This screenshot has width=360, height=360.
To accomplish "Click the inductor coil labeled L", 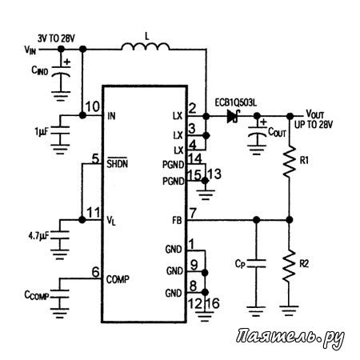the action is click(146, 46).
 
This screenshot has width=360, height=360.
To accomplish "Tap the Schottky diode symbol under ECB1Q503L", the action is click(233, 116).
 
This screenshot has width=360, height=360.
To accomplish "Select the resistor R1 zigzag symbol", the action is click(290, 162).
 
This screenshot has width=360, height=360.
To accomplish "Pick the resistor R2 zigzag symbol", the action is click(290, 266).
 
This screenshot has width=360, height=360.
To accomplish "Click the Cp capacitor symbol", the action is click(256, 263).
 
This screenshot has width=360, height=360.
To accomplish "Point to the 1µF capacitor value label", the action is click(42, 131).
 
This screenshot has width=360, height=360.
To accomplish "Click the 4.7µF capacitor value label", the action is click(38, 236).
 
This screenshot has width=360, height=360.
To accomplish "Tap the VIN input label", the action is click(30, 50).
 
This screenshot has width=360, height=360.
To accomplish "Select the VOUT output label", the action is click(315, 114).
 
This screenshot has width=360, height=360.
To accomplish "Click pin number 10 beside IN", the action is click(93, 106).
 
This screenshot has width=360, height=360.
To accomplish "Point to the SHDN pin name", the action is click(118, 162).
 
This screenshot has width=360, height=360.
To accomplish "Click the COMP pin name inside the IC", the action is click(118, 279).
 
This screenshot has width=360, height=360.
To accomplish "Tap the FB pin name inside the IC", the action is click(177, 220).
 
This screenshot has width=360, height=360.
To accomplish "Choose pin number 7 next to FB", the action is click(193, 213).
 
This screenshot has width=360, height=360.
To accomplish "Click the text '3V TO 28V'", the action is click(56, 38).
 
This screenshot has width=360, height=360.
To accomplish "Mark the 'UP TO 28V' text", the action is click(314, 125).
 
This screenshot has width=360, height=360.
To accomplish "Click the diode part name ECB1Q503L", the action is click(236, 103).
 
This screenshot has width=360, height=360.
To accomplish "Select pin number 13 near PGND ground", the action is click(214, 174).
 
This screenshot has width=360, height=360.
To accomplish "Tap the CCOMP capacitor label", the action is click(37, 295).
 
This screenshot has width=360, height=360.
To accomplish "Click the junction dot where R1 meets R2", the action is click(290, 220).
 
